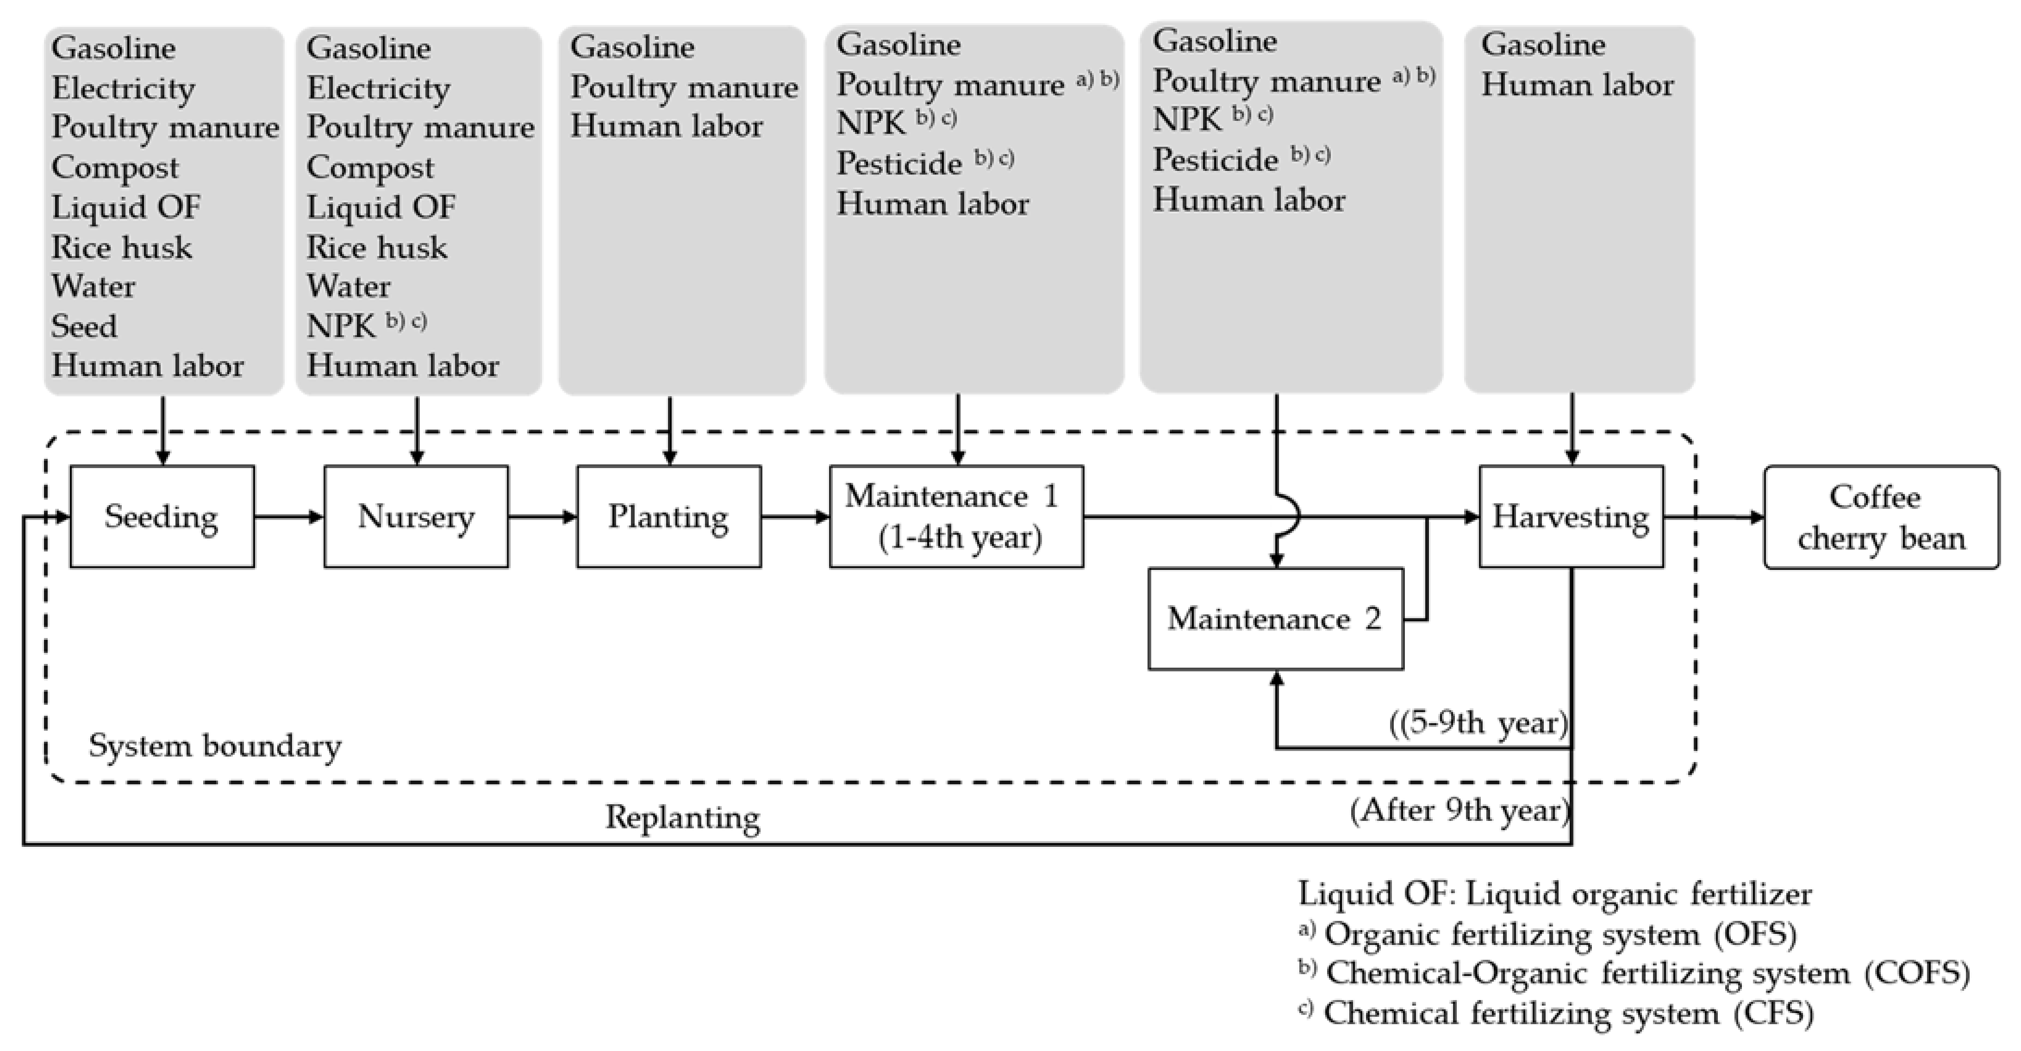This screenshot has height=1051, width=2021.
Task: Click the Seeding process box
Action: click(x=162, y=517)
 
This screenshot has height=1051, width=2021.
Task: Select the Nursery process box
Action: click(x=416, y=517)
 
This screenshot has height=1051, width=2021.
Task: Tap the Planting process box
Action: click(x=668, y=517)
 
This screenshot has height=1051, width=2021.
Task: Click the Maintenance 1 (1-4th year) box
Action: click(x=956, y=517)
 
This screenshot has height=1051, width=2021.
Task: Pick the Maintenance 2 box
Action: click(x=1275, y=619)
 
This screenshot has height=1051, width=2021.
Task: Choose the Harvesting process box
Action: click(x=1571, y=517)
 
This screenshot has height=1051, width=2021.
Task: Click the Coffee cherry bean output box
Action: click(x=1881, y=517)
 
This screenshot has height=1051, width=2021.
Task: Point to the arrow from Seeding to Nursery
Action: click(x=289, y=517)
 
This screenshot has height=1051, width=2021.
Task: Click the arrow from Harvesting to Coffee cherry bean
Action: click(x=1714, y=517)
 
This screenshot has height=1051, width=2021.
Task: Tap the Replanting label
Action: click(x=683, y=817)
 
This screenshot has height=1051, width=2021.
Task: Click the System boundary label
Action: click(x=215, y=745)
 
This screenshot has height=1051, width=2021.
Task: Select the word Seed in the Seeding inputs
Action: click(x=84, y=326)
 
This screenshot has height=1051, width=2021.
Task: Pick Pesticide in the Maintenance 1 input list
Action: click(x=899, y=163)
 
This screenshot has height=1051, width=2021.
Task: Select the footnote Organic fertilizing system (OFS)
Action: click(x=1559, y=934)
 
